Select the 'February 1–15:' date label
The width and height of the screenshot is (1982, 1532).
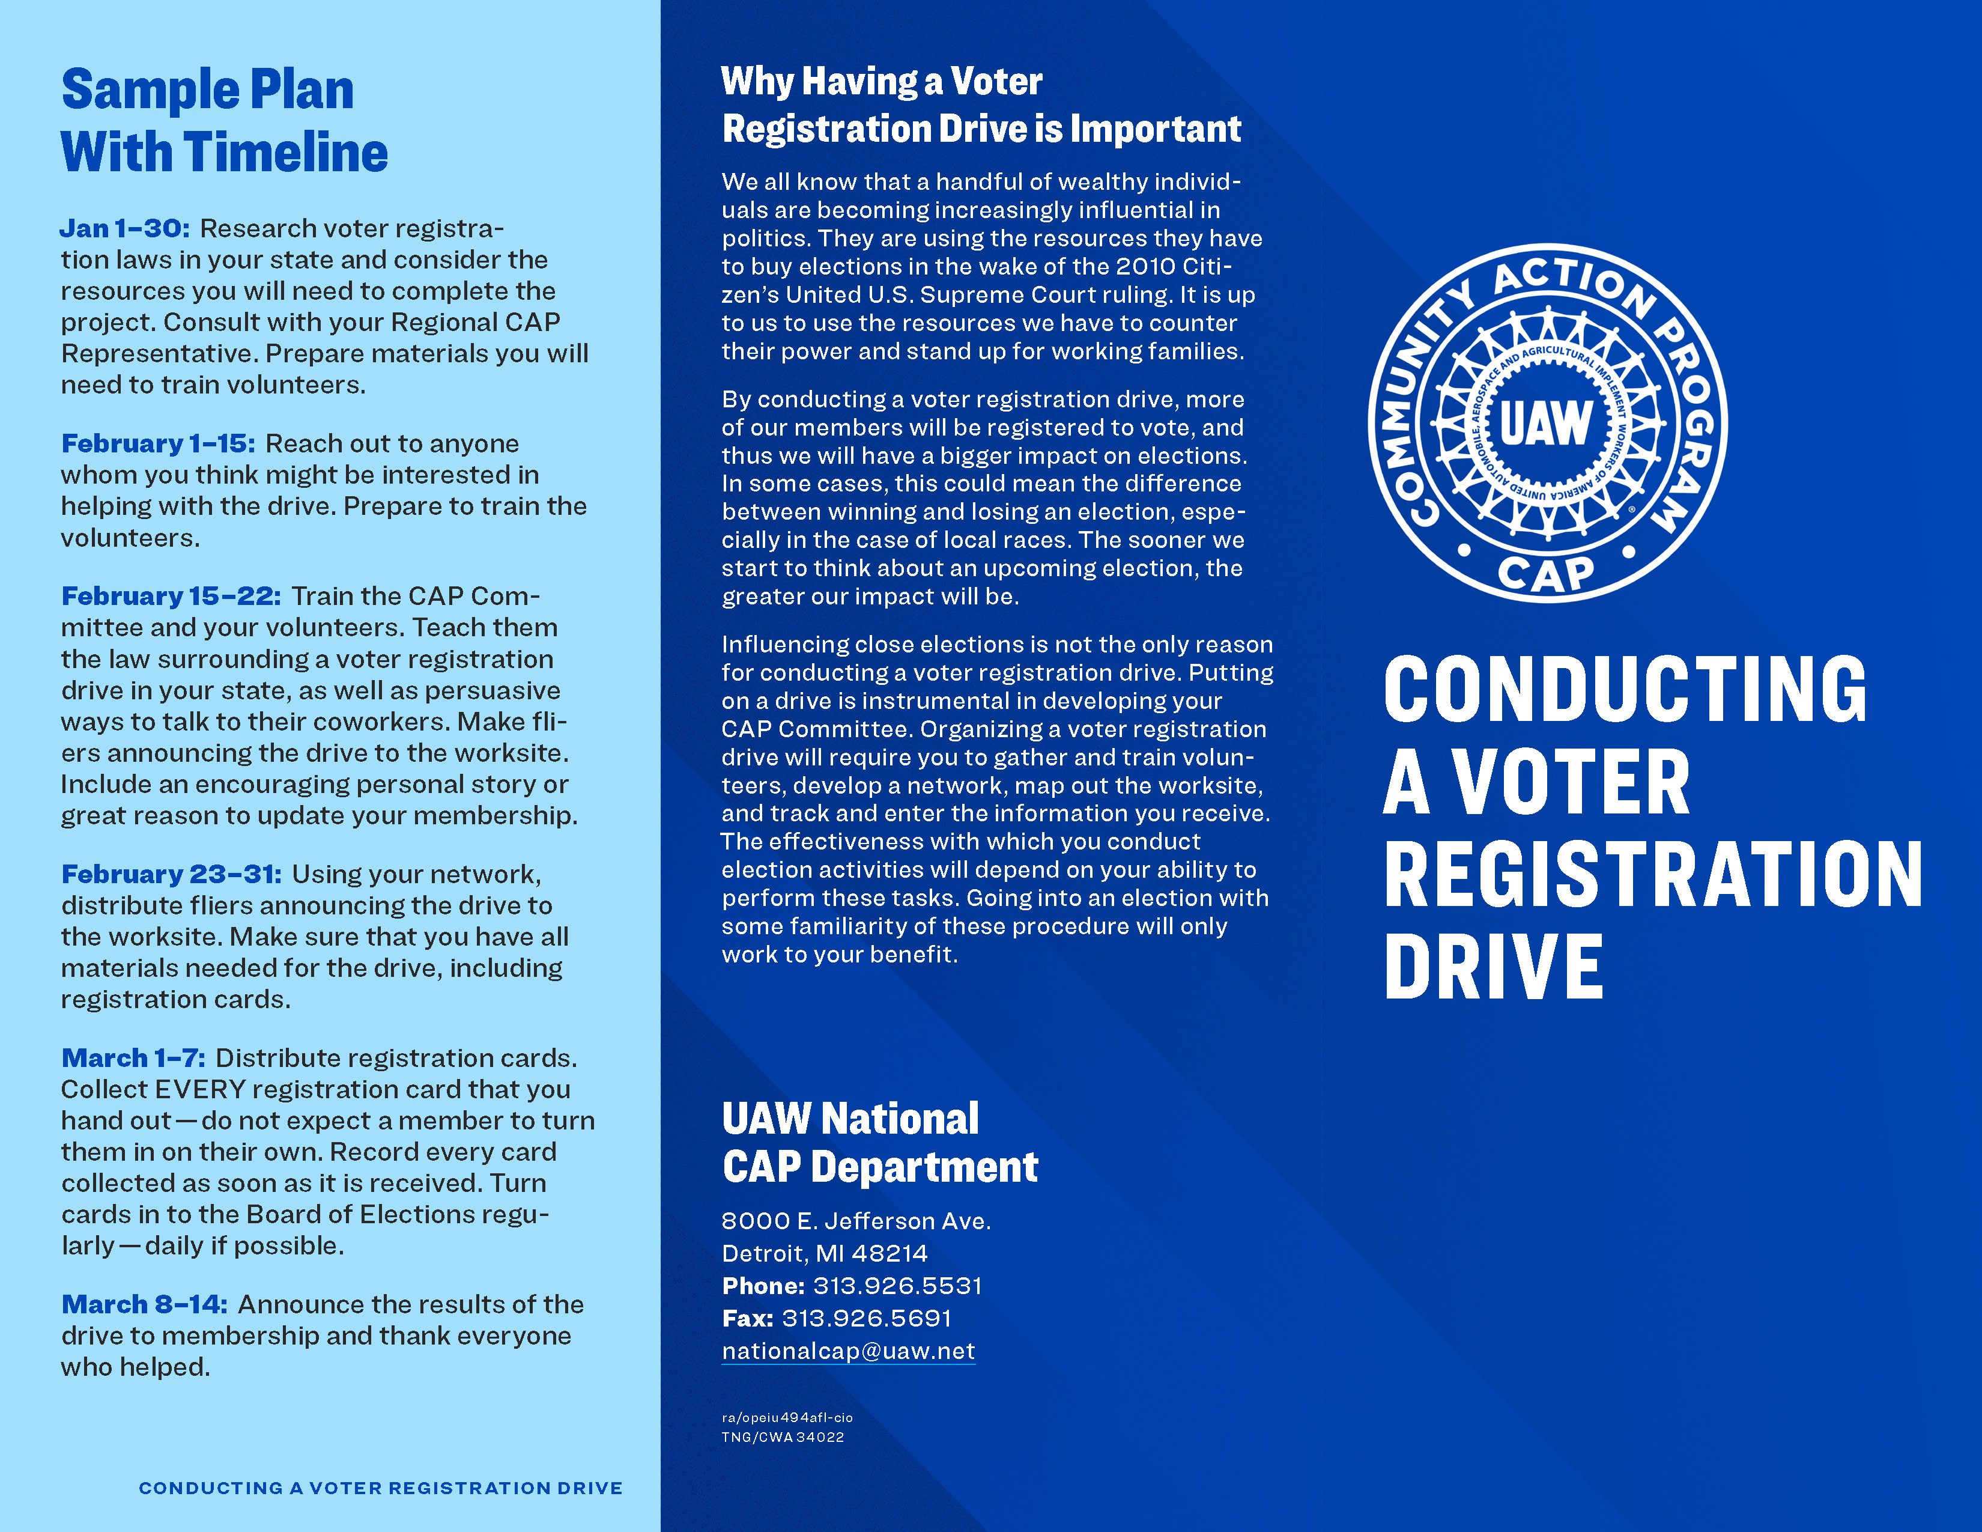158,444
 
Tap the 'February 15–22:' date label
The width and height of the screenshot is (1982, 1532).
171,597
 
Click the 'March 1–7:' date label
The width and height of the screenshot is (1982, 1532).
133,1058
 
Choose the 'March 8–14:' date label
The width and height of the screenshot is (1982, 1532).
144,1304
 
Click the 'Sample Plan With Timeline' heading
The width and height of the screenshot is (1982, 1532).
224,121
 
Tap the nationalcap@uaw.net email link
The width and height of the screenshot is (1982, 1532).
847,1351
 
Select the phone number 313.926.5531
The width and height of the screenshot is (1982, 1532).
897,1286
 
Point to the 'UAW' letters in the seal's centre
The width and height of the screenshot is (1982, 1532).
1545,424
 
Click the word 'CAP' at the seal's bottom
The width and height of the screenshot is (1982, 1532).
1545,574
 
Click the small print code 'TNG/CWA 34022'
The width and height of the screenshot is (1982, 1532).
782,1438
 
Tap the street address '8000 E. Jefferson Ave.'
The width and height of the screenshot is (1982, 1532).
856,1221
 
